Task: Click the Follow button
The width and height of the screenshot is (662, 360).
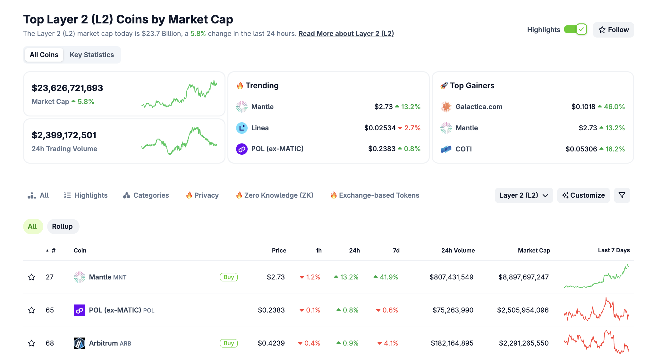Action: tap(613, 30)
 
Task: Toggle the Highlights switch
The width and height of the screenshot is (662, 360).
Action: tap(575, 30)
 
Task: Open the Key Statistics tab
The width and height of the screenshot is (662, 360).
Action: tap(92, 55)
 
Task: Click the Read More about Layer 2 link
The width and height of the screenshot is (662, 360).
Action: tap(346, 34)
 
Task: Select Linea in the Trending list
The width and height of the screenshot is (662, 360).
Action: tap(260, 128)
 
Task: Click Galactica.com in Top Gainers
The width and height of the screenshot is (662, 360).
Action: tap(479, 107)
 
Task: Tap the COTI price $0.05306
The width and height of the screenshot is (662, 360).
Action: tap(581, 149)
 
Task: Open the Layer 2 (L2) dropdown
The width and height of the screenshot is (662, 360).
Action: tap(523, 195)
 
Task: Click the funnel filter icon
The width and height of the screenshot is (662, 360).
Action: tap(622, 195)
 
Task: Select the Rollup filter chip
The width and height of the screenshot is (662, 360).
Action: tap(63, 227)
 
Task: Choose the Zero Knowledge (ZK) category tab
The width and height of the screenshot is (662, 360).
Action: tap(275, 195)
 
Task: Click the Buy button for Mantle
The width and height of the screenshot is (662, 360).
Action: tap(228, 277)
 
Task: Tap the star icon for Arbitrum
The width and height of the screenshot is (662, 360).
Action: tap(31, 343)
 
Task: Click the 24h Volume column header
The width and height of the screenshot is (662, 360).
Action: tap(458, 251)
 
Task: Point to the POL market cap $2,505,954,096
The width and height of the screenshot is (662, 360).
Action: tap(522, 310)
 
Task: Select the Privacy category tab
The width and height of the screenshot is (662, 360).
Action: tap(202, 195)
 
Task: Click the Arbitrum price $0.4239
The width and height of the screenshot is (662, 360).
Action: tap(271, 343)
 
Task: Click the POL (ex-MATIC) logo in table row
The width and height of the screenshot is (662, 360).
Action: tap(79, 310)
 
